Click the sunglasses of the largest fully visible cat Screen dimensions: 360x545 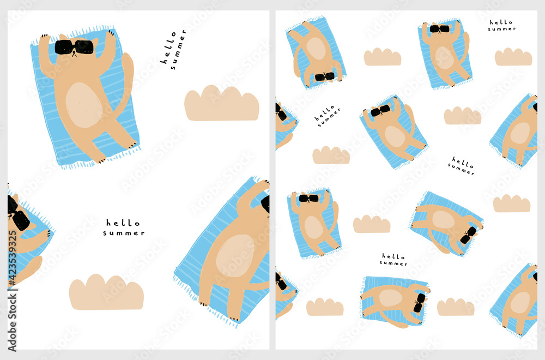(x=74, y=47)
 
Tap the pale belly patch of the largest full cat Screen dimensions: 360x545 (x=84, y=105)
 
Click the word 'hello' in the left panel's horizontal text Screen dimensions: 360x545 (x=123, y=223)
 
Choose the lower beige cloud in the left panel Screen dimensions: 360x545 (x=106, y=293)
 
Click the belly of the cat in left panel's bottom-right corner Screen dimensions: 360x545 (x=234, y=255)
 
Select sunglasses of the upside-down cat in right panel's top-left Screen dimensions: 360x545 (x=325, y=76)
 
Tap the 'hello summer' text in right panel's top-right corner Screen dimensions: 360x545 (x=501, y=25)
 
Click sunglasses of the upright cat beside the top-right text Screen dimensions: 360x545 (x=439, y=29)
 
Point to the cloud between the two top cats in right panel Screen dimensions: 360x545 (x=383, y=57)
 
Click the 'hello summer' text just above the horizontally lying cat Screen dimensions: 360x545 (x=393, y=259)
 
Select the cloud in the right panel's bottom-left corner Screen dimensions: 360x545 (x=325, y=307)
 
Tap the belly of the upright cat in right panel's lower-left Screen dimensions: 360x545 (x=313, y=227)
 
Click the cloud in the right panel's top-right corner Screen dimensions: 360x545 (x=513, y=57)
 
